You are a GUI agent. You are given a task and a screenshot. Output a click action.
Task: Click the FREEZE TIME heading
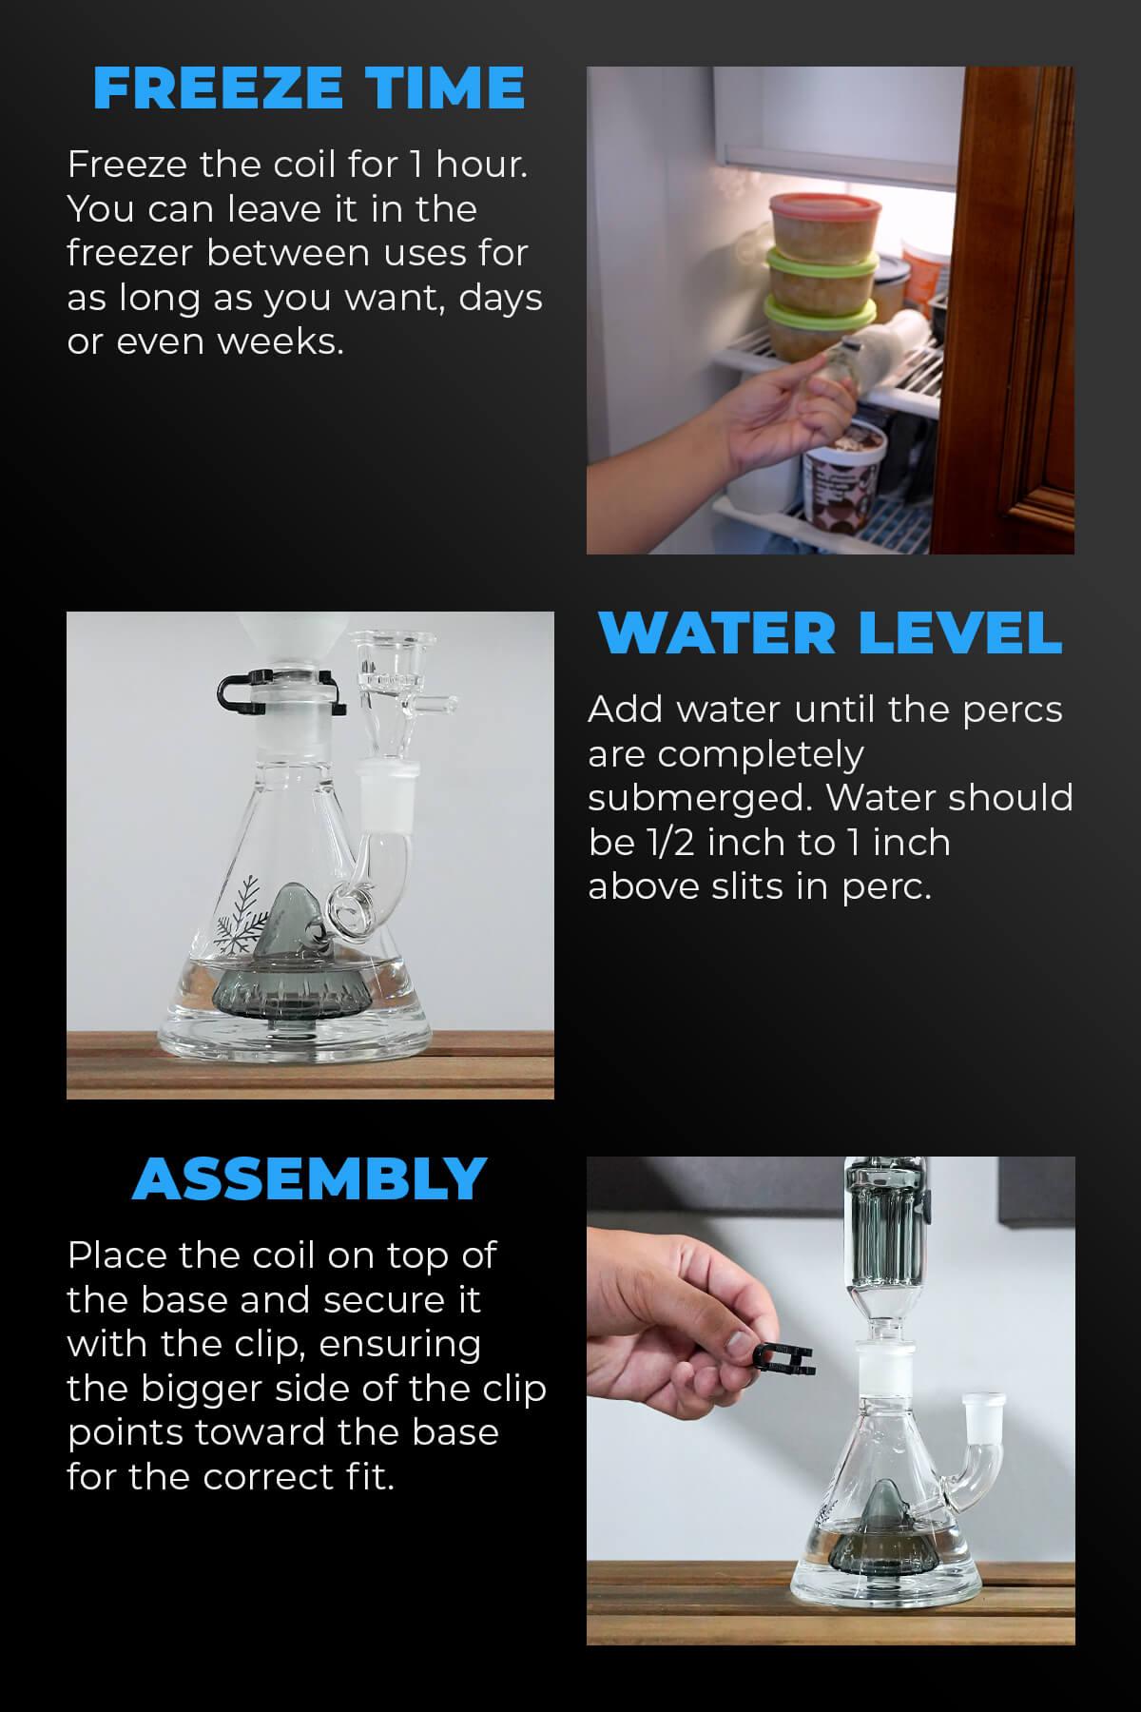point(309,88)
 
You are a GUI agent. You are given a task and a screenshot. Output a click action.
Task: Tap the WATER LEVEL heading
point(830,632)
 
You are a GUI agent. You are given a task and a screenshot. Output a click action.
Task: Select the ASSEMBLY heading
point(309,1178)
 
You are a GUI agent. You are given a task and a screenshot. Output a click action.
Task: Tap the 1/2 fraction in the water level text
point(657,843)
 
